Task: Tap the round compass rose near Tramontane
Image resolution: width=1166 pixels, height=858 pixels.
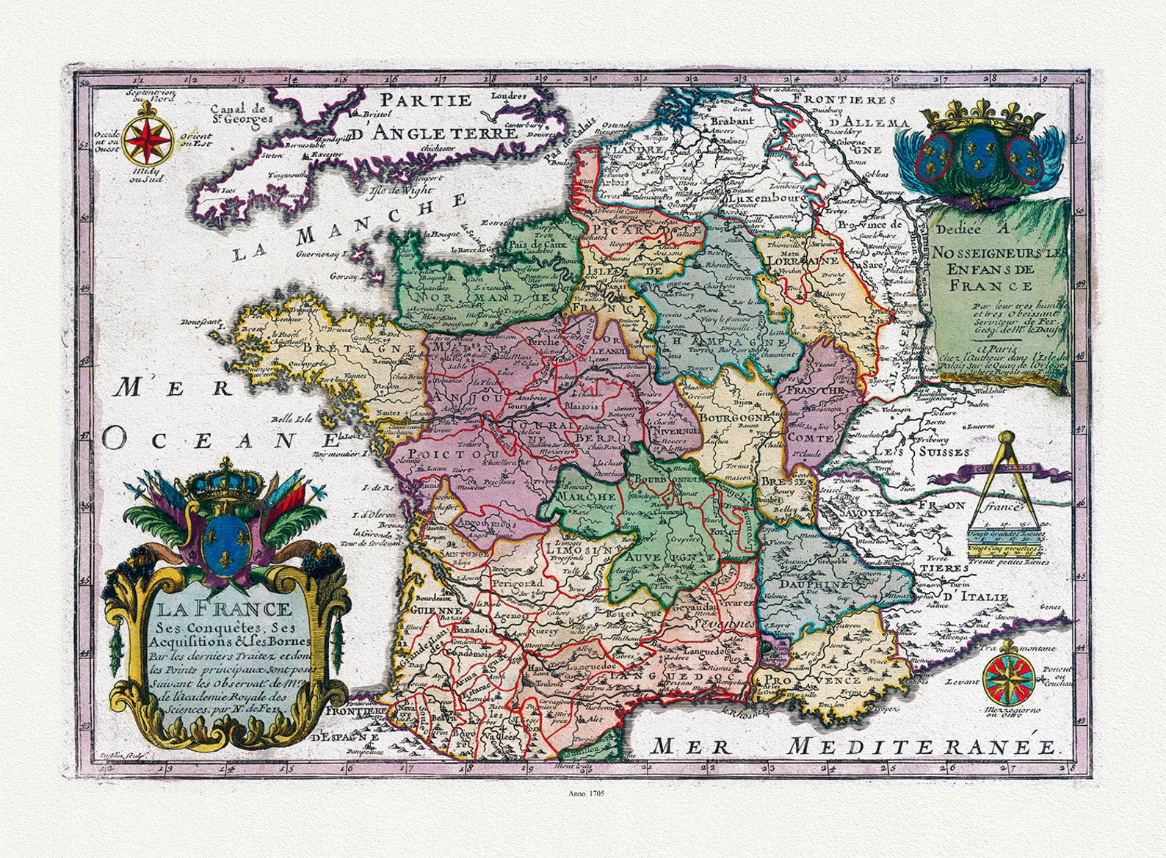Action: point(1010,679)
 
